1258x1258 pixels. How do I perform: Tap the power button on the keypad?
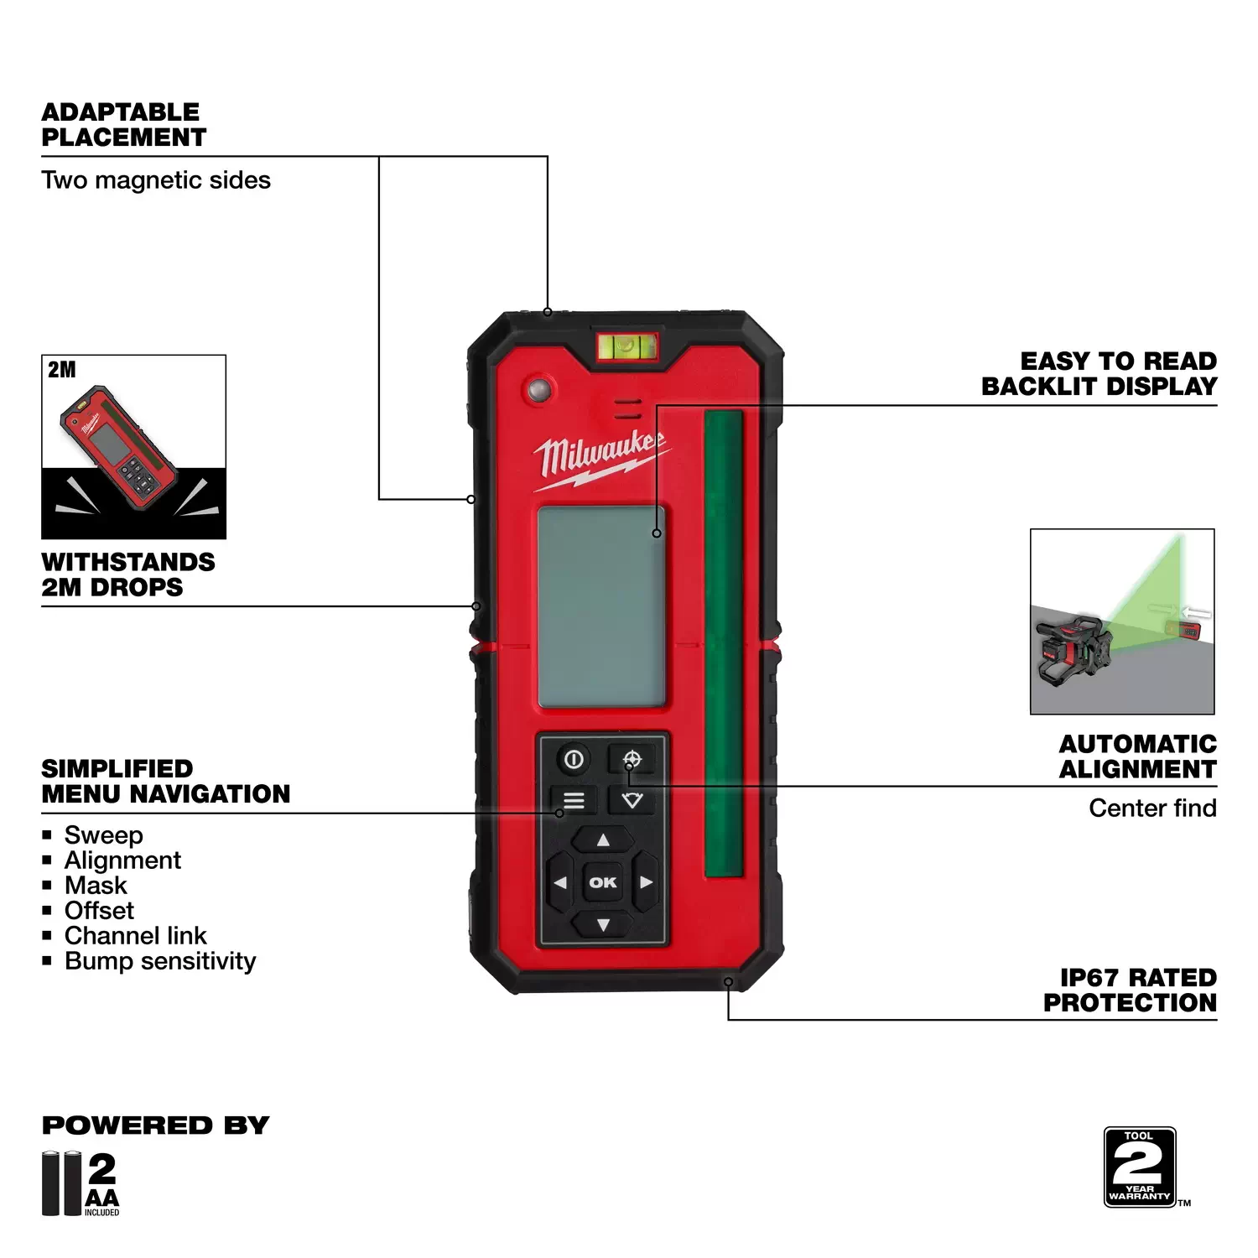click(x=574, y=760)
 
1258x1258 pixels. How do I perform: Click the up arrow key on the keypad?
click(x=603, y=840)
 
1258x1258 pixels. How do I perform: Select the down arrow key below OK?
click(x=603, y=924)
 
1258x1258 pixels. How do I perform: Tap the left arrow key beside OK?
click(x=560, y=882)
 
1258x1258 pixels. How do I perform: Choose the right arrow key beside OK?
click(x=645, y=882)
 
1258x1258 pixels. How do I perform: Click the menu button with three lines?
click(x=574, y=800)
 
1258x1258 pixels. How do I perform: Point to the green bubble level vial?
click(x=626, y=345)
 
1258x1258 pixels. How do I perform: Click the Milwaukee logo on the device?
click(x=600, y=457)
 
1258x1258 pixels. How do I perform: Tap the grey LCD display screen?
click(x=601, y=606)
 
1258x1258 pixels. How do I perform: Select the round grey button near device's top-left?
click(x=538, y=389)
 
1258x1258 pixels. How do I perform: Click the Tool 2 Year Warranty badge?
click(x=1140, y=1167)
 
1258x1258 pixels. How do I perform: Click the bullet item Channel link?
click(x=135, y=935)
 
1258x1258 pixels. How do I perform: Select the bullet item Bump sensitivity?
click(x=160, y=961)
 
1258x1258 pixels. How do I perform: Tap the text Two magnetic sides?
click(x=156, y=180)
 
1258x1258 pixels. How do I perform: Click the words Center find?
click(x=1152, y=808)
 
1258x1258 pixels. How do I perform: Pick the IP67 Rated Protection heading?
click(x=1130, y=990)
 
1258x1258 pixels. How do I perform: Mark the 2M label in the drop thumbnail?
click(x=61, y=370)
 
